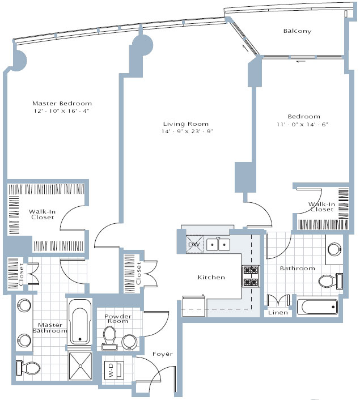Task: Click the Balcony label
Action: pos(297,31)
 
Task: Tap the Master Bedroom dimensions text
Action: pos(62,111)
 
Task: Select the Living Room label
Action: pos(186,124)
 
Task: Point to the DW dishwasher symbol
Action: pos(194,244)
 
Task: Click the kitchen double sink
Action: pos(218,244)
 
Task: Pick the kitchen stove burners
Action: pos(251,276)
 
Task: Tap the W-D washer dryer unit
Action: pos(114,370)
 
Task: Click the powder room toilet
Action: pos(109,338)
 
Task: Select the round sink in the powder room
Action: pos(129,342)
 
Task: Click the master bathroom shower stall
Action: pos(81,366)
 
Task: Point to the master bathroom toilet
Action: pos(28,368)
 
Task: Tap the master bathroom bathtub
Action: pos(80,322)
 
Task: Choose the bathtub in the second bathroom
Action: pos(317,307)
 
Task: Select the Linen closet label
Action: pos(278,313)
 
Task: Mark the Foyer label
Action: pos(163,354)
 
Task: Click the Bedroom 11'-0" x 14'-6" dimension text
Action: pos(302,125)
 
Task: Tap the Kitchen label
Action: pos(211,277)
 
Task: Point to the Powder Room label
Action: pos(118,319)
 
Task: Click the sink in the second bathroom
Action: pos(334,249)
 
